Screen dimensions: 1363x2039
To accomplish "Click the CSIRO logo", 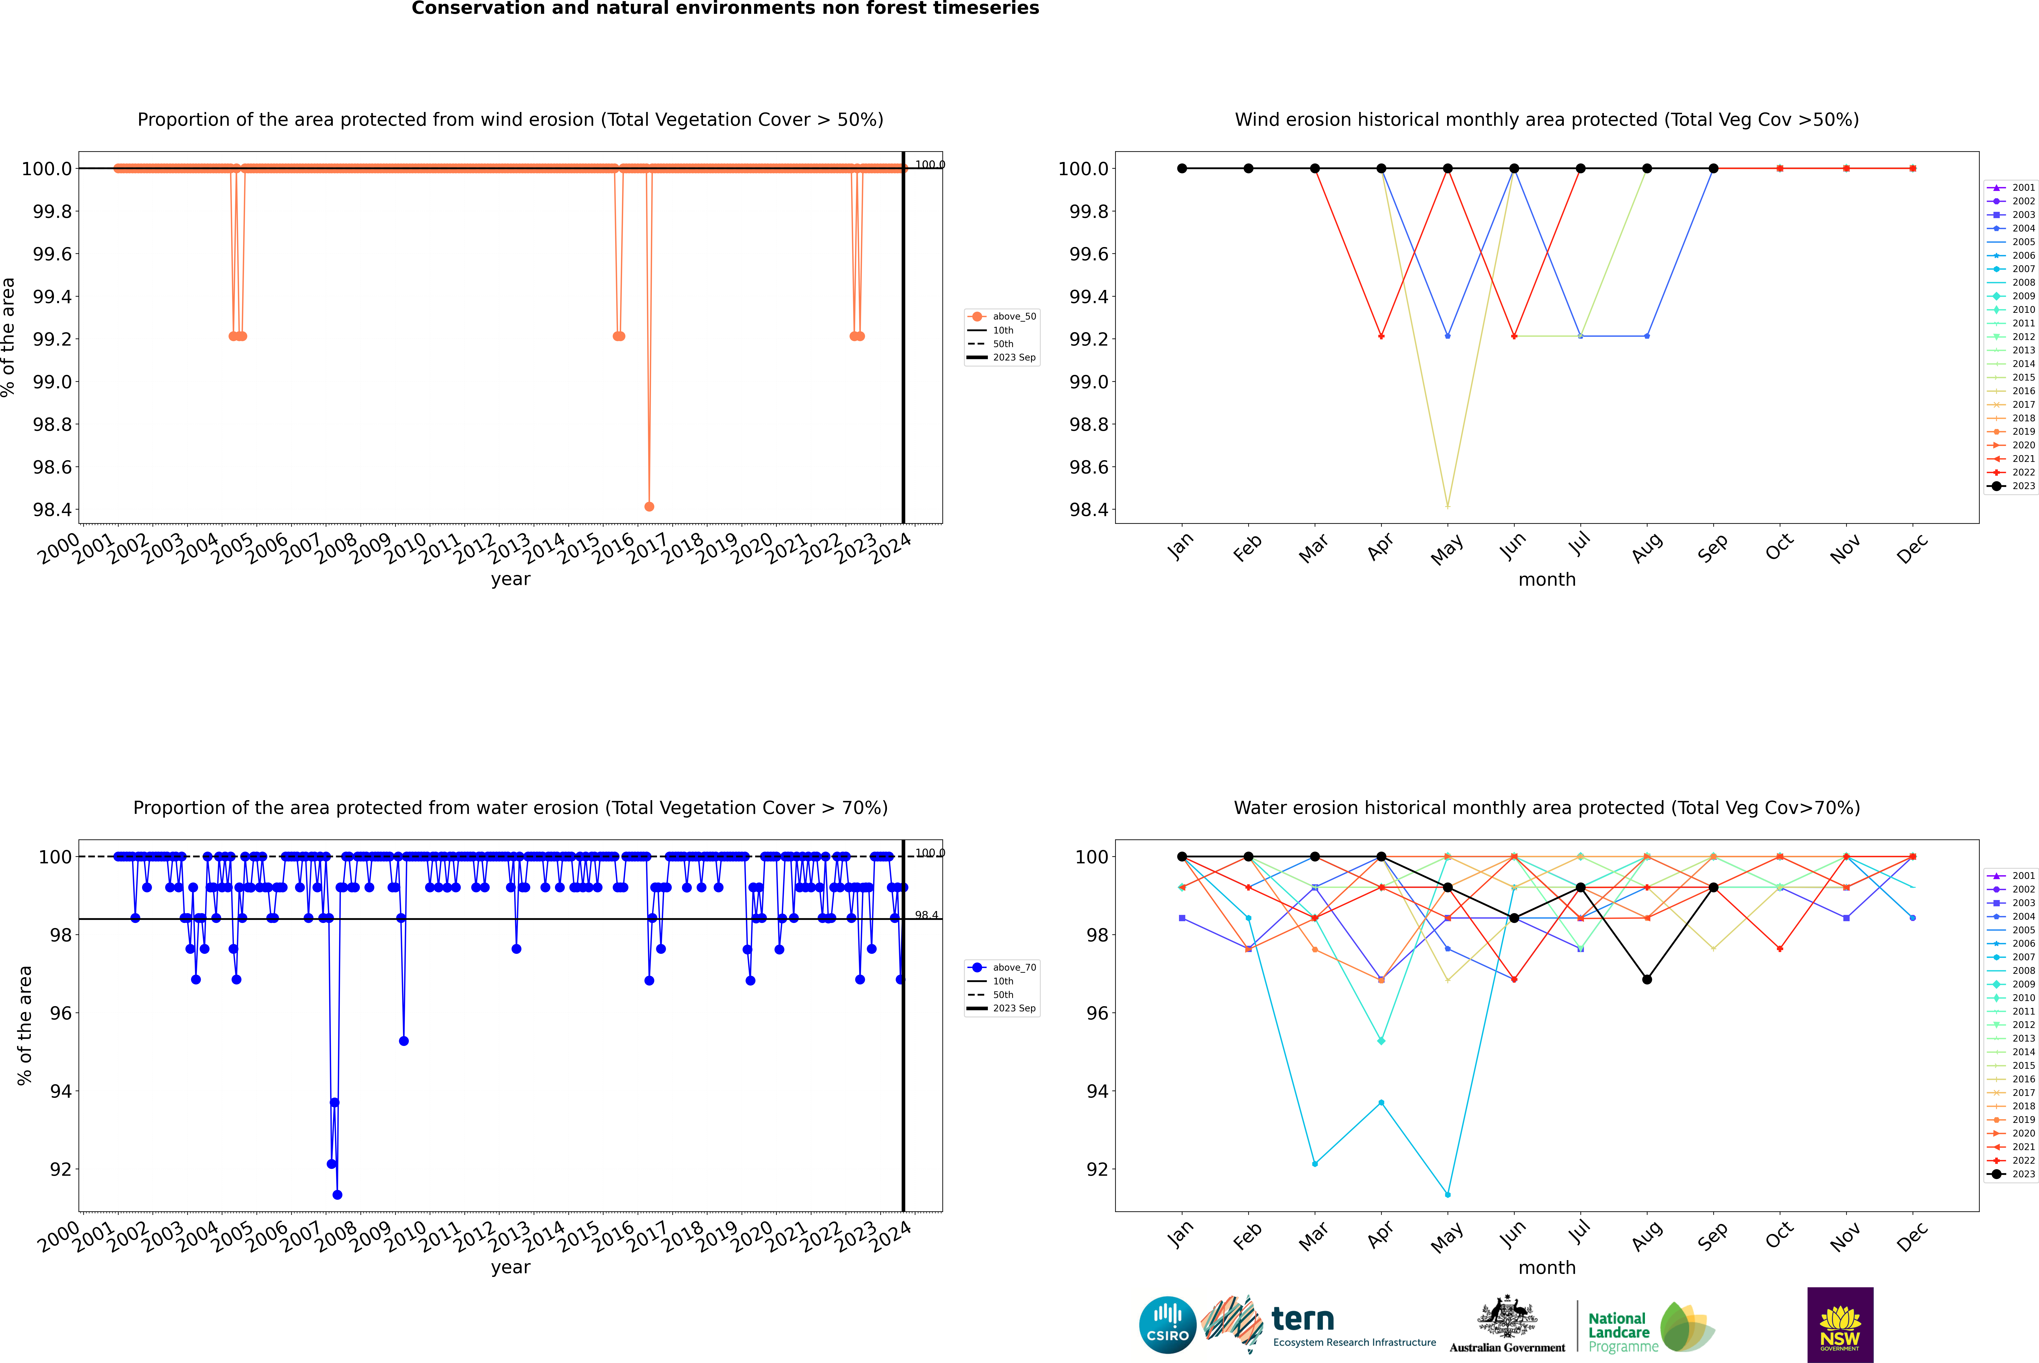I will click(x=1167, y=1325).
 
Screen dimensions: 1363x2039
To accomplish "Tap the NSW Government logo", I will click(x=1840, y=1325).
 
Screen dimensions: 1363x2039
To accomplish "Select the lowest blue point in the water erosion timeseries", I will click(x=337, y=1194).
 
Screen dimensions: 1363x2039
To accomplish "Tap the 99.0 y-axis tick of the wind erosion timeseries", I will click(x=52, y=382).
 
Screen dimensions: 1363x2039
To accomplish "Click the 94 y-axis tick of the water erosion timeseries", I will click(x=61, y=1091).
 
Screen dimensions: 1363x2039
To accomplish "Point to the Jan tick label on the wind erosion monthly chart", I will click(x=1180, y=548).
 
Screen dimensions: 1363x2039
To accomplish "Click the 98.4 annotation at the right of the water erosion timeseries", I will click(x=926, y=915).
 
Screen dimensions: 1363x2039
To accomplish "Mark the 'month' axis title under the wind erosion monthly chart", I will click(x=1546, y=580).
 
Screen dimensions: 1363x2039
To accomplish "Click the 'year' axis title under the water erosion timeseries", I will click(x=510, y=1267).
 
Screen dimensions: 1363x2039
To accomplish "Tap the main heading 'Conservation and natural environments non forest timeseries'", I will click(x=725, y=9).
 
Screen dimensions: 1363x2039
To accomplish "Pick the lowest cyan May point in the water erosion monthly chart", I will click(x=1447, y=1194).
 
